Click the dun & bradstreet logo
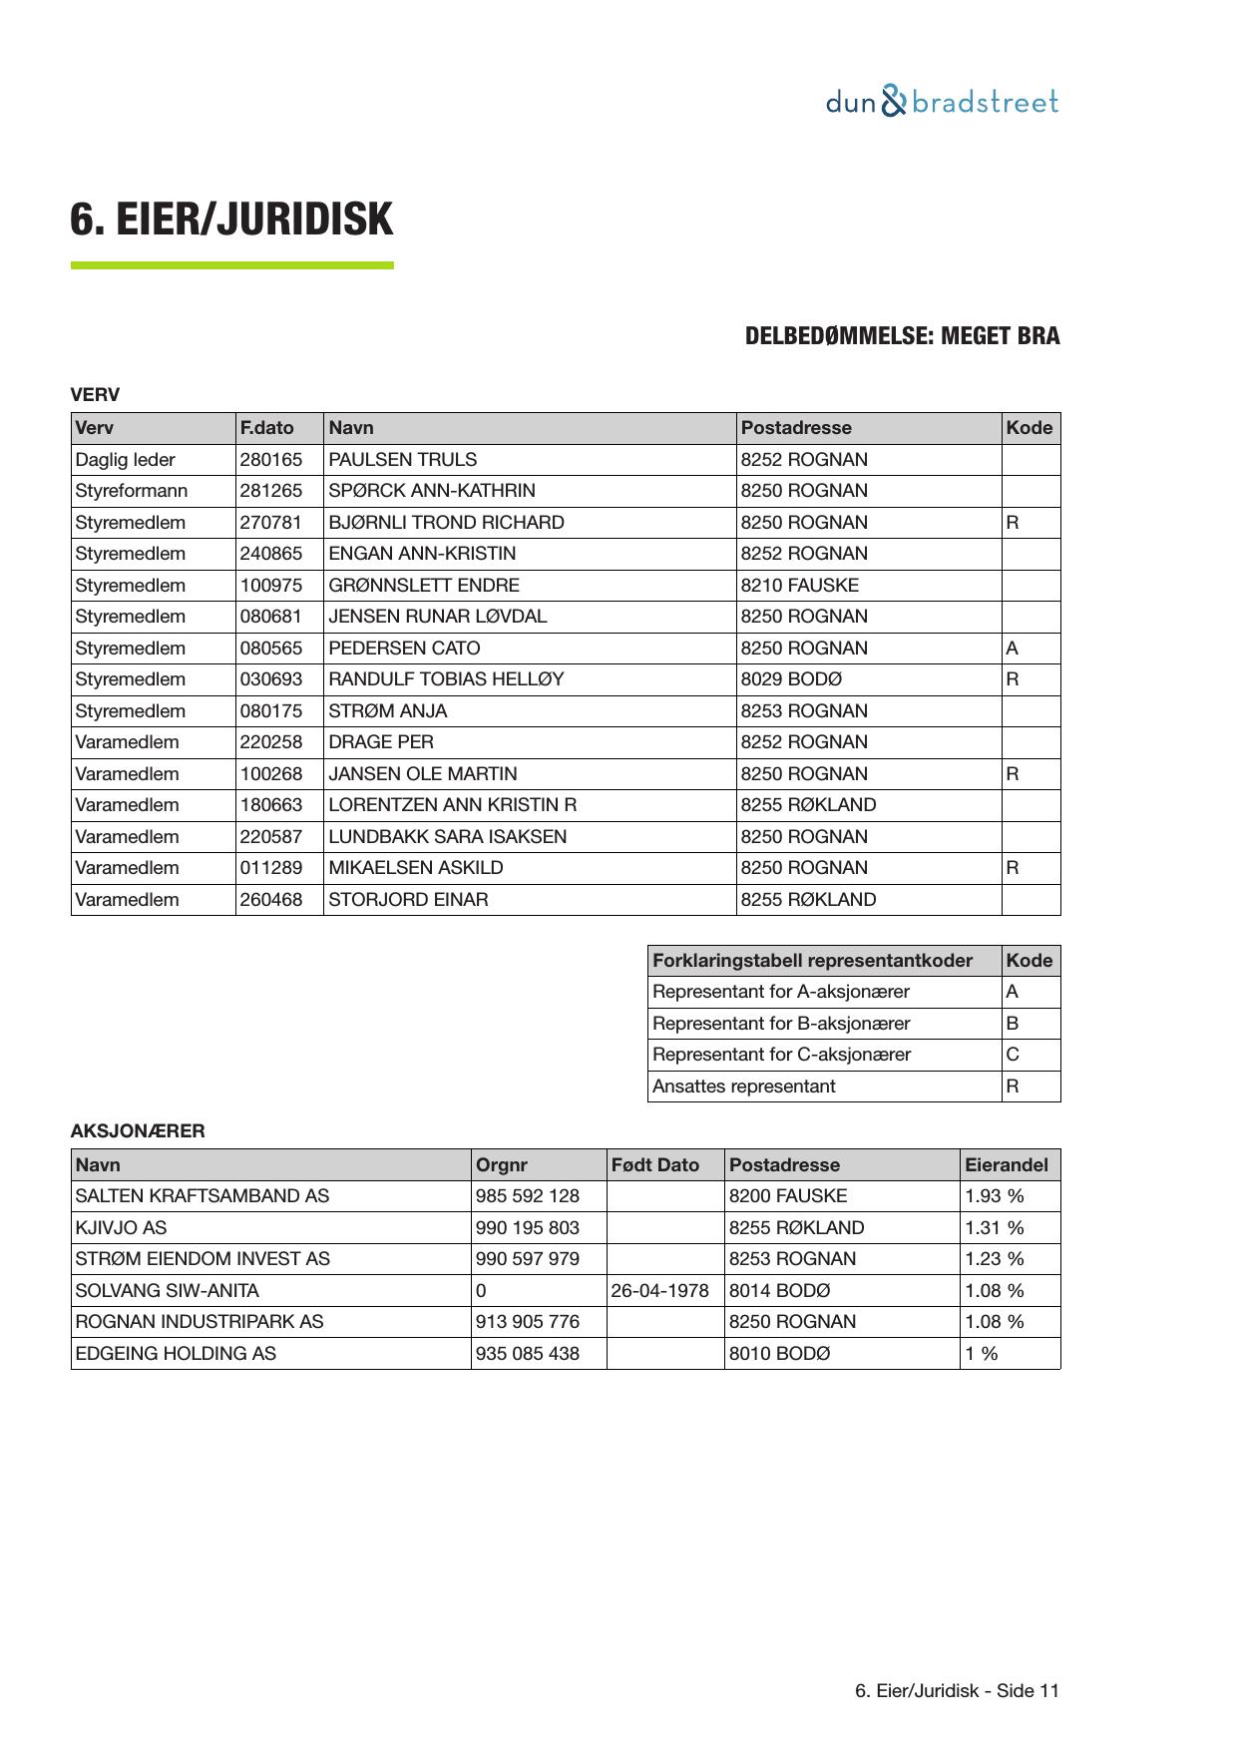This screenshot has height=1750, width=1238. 942,102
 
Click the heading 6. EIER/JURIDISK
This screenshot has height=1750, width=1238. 231,219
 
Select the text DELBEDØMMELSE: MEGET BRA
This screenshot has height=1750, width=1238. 902,336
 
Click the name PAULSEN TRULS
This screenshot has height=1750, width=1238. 402,460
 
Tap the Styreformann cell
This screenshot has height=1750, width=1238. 131,491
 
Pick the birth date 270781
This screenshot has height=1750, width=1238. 270,523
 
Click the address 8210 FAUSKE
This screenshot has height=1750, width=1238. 799,586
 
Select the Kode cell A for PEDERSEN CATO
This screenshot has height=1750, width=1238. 1013,649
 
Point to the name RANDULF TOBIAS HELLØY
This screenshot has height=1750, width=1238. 446,679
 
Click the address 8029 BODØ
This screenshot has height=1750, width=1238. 791,679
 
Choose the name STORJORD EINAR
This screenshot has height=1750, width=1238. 408,900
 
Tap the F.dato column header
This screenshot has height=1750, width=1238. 266,428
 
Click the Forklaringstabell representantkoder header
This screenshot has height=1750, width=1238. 812,961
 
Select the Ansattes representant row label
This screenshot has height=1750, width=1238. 743,1087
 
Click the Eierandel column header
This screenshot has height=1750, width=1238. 1006,1165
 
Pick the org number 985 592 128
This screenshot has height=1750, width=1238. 527,1196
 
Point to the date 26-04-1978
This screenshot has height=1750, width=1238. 659,1291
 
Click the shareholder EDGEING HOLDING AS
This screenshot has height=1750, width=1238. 176,1354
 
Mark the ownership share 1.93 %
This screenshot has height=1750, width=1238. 994,1196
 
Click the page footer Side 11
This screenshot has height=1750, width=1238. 957,1690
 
